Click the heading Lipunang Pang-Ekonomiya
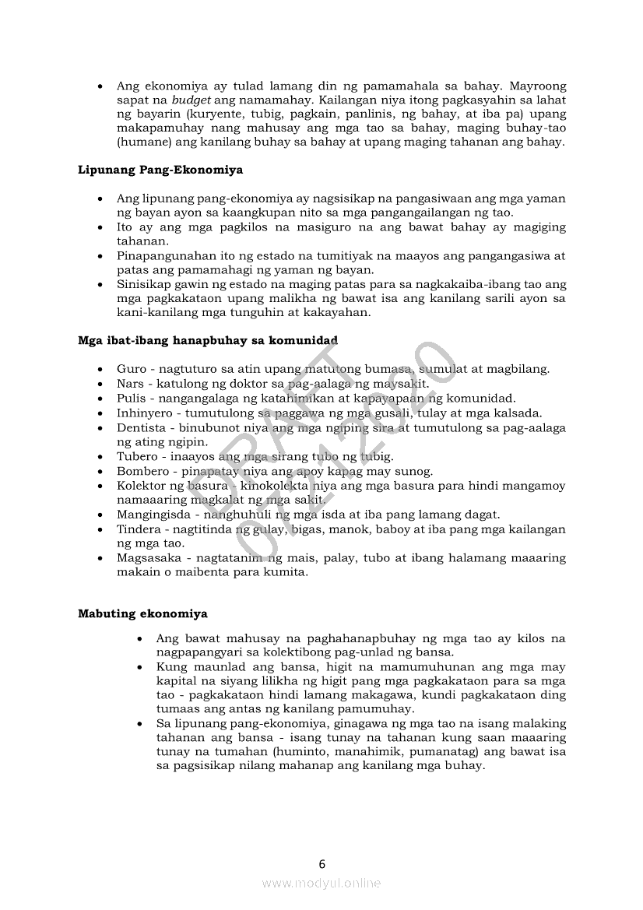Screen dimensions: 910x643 [x=160, y=169]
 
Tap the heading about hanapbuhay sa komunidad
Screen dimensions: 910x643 [x=208, y=339]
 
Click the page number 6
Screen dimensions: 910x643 [x=321, y=863]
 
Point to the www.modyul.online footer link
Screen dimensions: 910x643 [x=321, y=883]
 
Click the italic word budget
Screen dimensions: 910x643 [x=191, y=100]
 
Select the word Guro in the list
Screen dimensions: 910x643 [x=131, y=369]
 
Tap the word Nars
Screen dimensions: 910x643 [x=130, y=384]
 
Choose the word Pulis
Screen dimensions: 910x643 [x=131, y=398]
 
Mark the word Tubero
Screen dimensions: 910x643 [x=136, y=456]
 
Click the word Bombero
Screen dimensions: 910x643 [x=141, y=471]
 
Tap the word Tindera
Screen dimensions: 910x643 [x=138, y=529]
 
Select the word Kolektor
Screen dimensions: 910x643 [x=141, y=486]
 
